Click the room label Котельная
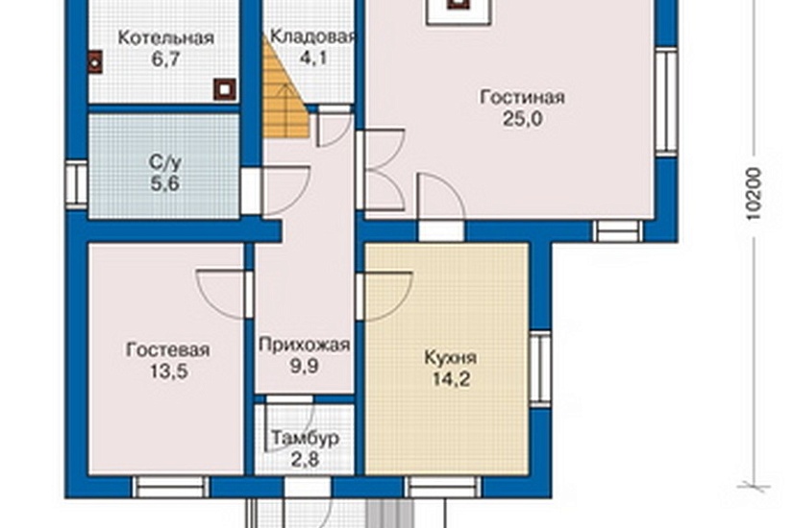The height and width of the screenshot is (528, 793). [x=165, y=37]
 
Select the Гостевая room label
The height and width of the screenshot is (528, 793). [x=168, y=349]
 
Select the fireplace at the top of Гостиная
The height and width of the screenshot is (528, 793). [x=457, y=9]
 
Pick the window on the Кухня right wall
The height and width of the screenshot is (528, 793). [x=540, y=370]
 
